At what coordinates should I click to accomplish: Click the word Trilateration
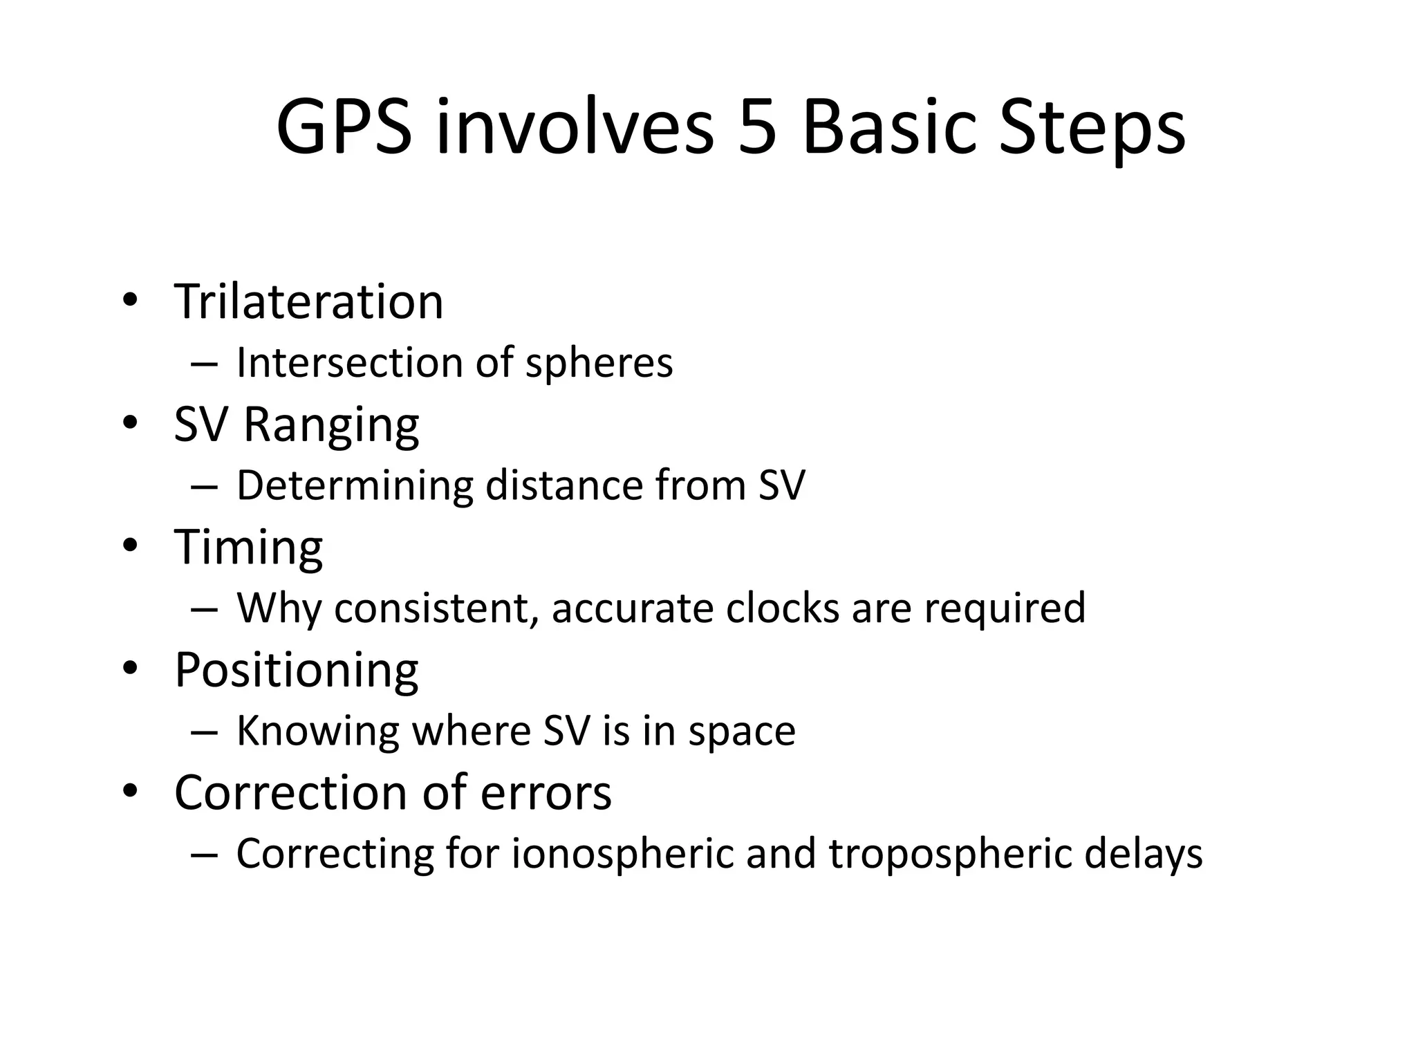point(308,301)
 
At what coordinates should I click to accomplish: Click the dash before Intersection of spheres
point(204,364)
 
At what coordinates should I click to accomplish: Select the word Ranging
point(331,425)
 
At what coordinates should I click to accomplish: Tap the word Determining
point(355,486)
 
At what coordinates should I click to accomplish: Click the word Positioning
point(297,671)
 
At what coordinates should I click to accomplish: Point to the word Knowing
point(318,732)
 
